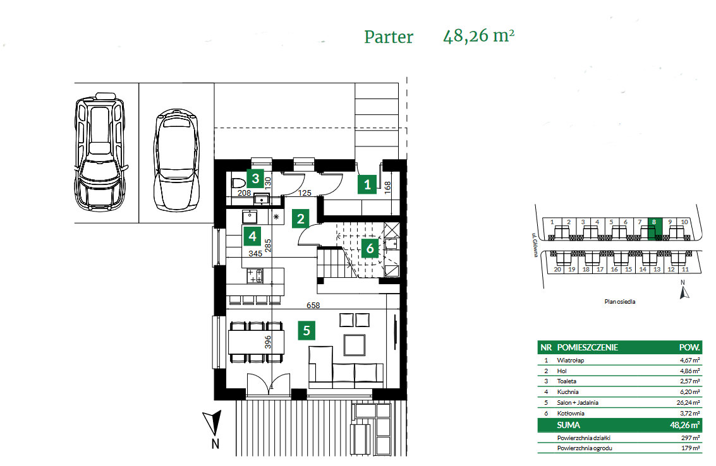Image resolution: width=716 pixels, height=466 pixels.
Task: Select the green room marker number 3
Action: pyautogui.click(x=254, y=177)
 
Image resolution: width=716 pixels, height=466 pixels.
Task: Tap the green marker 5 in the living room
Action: pyautogui.click(x=306, y=330)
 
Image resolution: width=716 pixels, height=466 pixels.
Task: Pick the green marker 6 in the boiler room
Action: pyautogui.click(x=370, y=248)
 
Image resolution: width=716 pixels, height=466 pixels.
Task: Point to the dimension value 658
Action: pyautogui.click(x=313, y=305)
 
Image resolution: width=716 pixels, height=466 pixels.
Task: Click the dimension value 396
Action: pyautogui.click(x=268, y=342)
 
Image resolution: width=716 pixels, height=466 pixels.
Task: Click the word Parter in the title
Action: pyautogui.click(x=388, y=37)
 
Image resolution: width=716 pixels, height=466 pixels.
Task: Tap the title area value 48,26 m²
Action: pyautogui.click(x=478, y=35)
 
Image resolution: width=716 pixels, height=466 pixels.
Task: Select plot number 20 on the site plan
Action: pyautogui.click(x=557, y=269)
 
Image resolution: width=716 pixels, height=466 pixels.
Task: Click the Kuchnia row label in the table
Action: pyautogui.click(x=567, y=391)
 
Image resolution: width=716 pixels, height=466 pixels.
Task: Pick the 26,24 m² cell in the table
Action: pyautogui.click(x=688, y=402)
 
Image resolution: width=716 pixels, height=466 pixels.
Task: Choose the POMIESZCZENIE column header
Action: pyautogui.click(x=588, y=347)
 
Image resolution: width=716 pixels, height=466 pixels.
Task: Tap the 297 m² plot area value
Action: pyautogui.click(x=690, y=437)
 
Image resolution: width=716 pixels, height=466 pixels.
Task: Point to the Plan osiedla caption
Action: pyautogui.click(x=619, y=302)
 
